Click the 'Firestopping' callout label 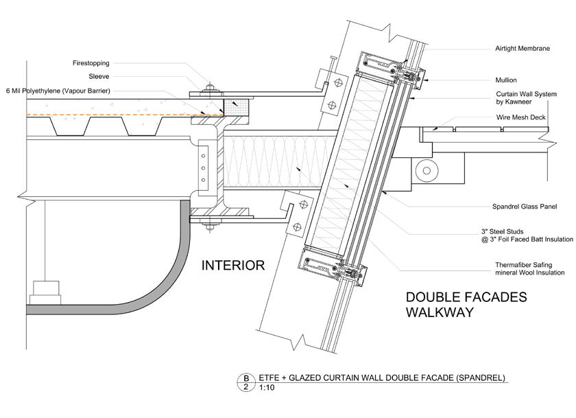(x=91, y=63)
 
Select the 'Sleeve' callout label (x=99, y=76)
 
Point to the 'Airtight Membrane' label (x=523, y=49)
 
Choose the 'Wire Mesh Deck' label (x=520, y=117)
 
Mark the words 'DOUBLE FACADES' (x=466, y=297)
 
